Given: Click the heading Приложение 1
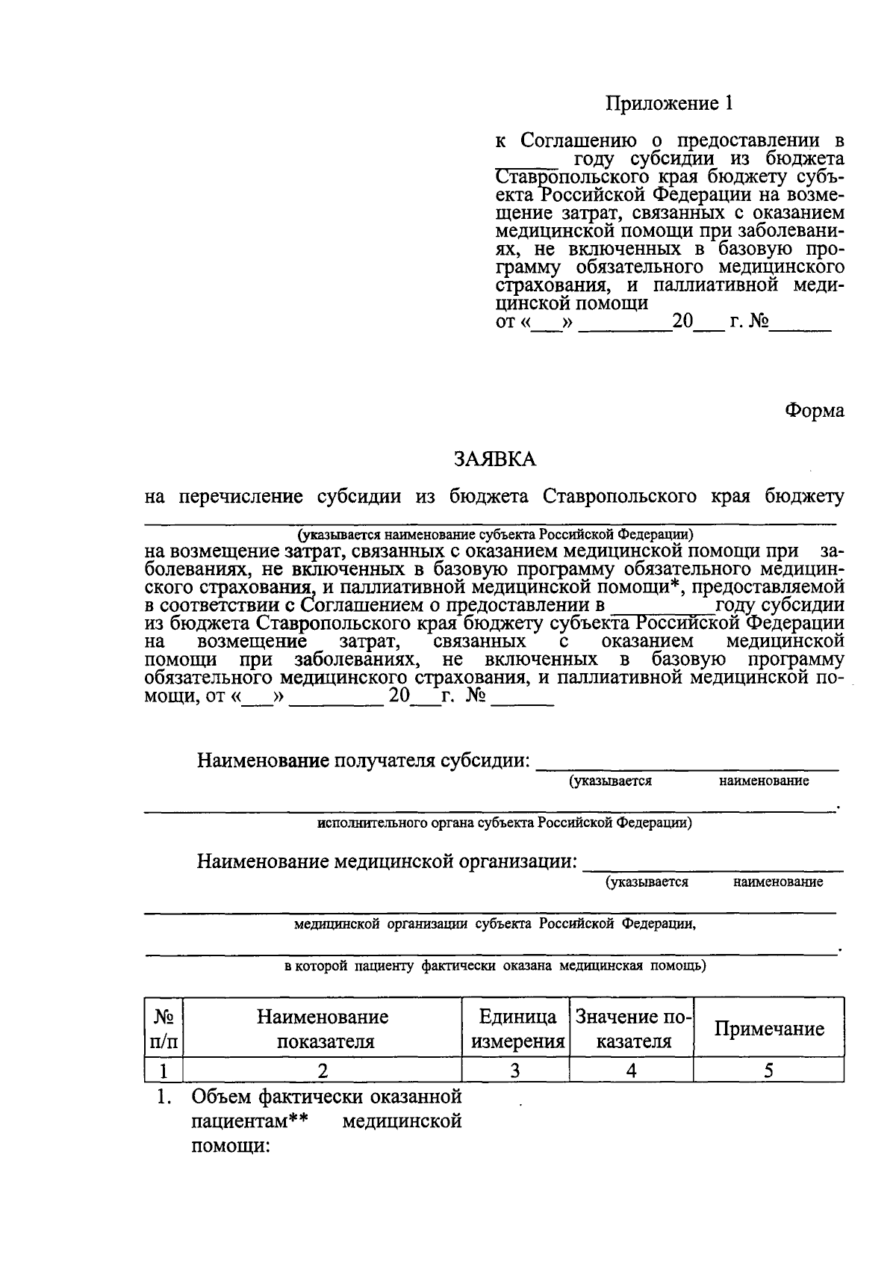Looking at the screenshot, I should point(668,104).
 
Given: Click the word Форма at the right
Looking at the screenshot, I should point(814,410).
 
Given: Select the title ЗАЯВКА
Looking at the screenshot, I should point(495,459).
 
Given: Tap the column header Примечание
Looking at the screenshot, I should point(768,1029).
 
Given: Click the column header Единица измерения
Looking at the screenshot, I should point(517,1029).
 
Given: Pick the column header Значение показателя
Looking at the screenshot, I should point(632,1029).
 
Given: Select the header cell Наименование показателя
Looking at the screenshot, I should point(323,1029).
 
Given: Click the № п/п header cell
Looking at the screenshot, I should point(164,1029).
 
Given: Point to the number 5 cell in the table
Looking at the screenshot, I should point(768,1071).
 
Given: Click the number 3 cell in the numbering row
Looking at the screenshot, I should point(515,1071).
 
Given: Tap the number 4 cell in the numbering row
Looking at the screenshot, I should point(632,1071).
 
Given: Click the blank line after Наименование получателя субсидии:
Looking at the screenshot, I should point(687,765).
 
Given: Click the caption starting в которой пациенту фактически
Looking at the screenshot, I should point(495,965).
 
